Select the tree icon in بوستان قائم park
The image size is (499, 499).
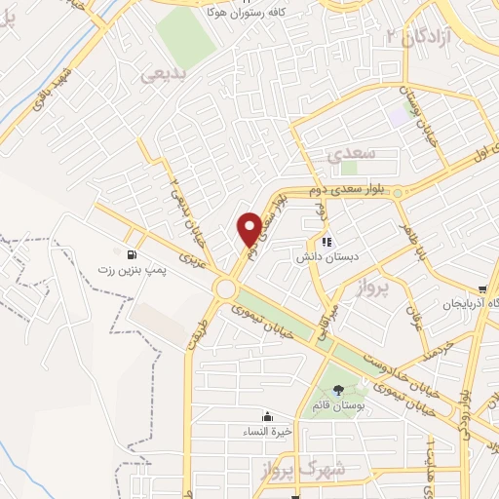pos(338,390)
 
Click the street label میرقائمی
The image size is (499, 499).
pos(320,321)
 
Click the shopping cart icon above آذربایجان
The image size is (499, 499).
pos(482,288)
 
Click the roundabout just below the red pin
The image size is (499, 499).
pos(228,288)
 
